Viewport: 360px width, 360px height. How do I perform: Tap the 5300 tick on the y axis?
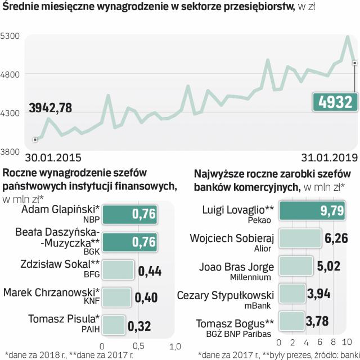[x=11, y=35]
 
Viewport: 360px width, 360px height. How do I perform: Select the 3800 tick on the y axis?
[x=11, y=151]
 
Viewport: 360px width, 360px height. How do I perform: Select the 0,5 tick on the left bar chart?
[x=138, y=345]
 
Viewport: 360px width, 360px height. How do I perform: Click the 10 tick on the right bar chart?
[x=346, y=341]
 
